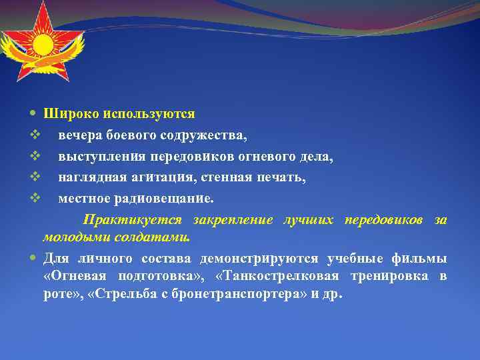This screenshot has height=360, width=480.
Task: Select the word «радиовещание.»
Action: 167,198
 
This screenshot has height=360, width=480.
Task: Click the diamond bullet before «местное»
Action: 35,198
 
